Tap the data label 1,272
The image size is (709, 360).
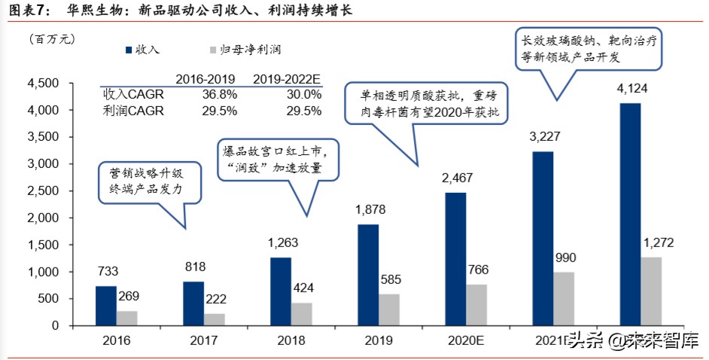coord(658,243)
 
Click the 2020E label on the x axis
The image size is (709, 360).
coord(464,340)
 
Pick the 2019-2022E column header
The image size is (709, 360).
coord(287,78)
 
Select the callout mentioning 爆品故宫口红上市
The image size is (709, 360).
coord(278,160)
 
